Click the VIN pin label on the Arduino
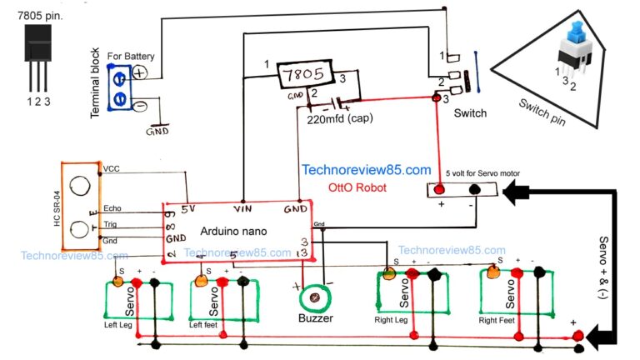(244, 207)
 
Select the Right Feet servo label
(498, 319)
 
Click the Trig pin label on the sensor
(111, 224)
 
